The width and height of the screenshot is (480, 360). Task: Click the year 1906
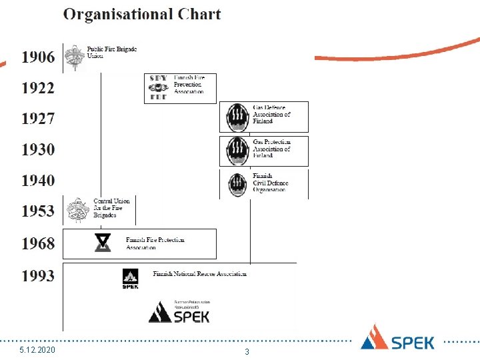(38, 57)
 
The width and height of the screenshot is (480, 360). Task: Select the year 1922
(38, 88)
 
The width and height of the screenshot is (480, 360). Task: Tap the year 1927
(38, 119)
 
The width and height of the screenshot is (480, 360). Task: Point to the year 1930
(38, 149)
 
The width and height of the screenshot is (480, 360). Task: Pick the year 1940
(38, 180)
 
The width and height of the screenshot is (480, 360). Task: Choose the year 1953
(38, 211)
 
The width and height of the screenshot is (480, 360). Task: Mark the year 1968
(38, 243)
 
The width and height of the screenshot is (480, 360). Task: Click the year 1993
(38, 275)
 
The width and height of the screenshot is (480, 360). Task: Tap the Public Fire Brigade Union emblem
(75, 57)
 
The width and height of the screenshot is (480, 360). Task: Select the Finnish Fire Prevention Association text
(189, 85)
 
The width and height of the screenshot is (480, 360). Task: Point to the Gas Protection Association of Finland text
(271, 149)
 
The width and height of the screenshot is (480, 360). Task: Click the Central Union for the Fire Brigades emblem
(77, 211)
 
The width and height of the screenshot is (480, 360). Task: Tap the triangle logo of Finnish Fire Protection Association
(103, 243)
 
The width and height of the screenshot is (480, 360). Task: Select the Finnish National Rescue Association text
(200, 273)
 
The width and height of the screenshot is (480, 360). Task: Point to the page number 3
(247, 351)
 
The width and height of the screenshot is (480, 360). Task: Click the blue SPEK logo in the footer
(397, 338)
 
